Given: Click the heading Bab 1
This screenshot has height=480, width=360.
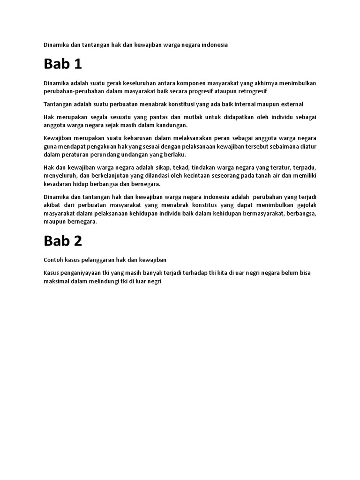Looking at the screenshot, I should (x=63, y=64).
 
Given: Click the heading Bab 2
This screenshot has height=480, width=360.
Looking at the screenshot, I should (x=63, y=240).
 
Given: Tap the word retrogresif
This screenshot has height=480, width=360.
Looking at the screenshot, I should (x=251, y=91).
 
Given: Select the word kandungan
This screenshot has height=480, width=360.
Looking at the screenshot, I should (x=170, y=125).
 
